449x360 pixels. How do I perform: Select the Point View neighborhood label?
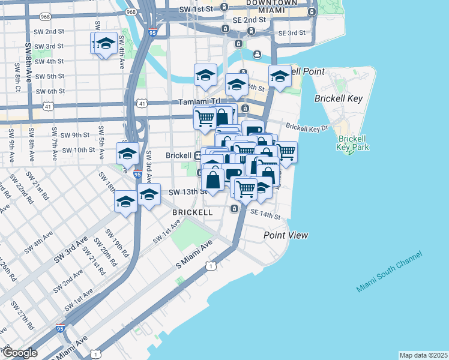286,235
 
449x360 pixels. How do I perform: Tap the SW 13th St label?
187,192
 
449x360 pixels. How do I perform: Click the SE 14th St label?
265,214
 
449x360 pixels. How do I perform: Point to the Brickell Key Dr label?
307,127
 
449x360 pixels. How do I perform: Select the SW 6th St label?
50,91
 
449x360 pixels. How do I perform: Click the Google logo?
19,353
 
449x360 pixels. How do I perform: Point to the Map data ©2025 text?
423,355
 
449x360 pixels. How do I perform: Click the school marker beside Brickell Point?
280,77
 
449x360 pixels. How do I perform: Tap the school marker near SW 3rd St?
106,44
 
